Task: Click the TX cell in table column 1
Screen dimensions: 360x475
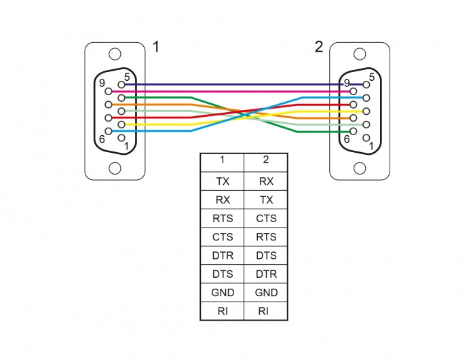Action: (x=223, y=181)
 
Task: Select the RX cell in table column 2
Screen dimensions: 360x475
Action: (x=266, y=181)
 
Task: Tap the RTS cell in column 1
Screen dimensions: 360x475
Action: (x=223, y=219)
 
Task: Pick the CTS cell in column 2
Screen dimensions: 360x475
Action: (x=266, y=219)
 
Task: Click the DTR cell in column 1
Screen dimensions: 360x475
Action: (x=223, y=255)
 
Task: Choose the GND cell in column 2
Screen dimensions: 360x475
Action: (x=266, y=293)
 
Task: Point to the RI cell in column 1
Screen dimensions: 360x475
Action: (x=223, y=311)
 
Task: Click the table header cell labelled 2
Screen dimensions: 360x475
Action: (x=266, y=160)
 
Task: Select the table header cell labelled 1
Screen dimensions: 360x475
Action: (x=223, y=160)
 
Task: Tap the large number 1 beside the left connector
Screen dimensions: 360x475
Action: (x=156, y=47)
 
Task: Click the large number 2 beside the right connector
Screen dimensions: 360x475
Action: (x=319, y=47)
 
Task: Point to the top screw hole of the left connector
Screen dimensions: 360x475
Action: (x=115, y=54)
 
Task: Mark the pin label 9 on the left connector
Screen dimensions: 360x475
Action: (x=101, y=84)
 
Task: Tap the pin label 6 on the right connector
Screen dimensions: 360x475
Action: (x=346, y=139)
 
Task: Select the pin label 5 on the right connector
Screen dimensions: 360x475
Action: (x=372, y=77)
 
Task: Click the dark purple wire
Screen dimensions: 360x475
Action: (x=231, y=84)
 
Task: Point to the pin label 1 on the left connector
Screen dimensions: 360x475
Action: (x=126, y=145)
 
